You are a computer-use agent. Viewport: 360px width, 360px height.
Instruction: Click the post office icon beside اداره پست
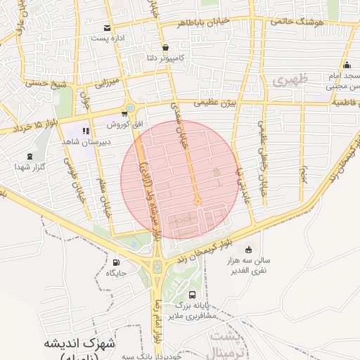tap(107, 28)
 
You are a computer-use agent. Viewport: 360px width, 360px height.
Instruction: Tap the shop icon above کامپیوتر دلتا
tap(165, 48)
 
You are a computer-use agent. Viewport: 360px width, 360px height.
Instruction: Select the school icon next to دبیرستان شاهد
tap(86, 131)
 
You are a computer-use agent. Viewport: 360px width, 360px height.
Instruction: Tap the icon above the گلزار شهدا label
tap(29, 157)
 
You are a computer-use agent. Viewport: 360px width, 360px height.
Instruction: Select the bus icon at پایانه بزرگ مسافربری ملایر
tap(193, 294)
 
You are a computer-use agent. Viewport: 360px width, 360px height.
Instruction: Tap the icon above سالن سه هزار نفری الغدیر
tap(248, 250)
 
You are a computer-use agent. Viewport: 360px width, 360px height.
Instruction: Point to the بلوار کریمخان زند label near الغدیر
tap(210, 243)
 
